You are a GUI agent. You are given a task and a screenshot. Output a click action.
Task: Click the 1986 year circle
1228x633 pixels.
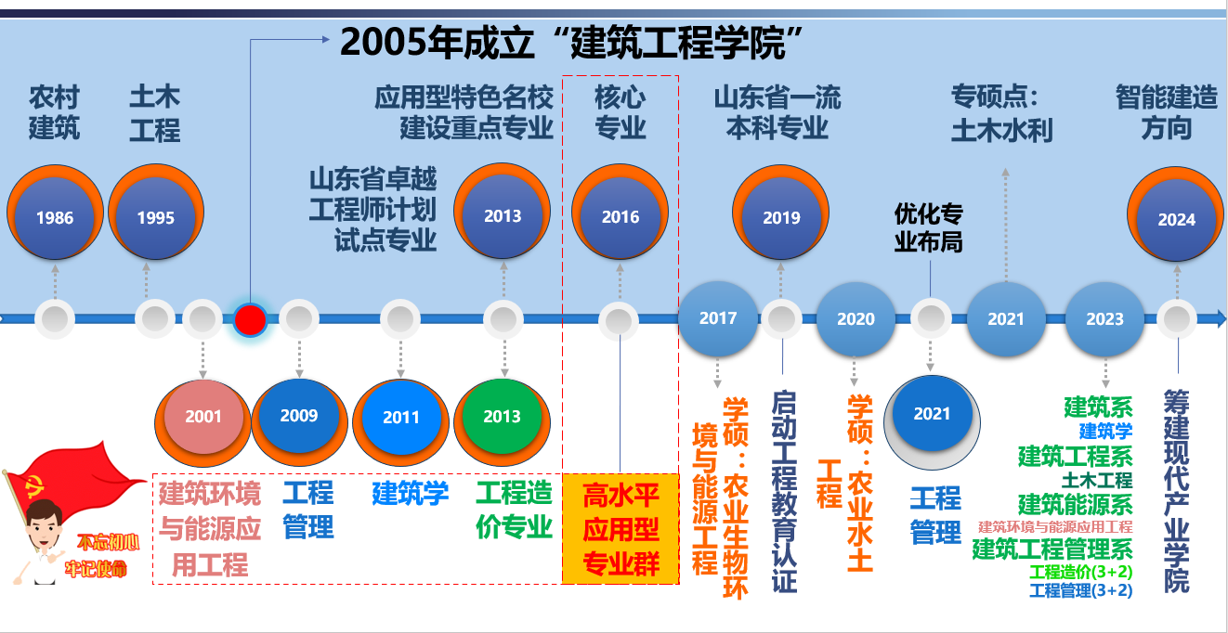point(55,213)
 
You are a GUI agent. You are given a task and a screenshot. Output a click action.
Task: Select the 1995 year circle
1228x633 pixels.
point(156,212)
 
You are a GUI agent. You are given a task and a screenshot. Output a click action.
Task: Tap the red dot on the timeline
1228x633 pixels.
point(250,320)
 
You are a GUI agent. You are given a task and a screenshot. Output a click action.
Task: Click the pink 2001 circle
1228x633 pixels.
point(202,421)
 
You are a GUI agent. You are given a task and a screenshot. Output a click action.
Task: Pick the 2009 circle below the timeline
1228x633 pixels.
point(299,421)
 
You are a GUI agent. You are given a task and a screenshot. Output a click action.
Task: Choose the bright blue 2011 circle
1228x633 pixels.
point(400,422)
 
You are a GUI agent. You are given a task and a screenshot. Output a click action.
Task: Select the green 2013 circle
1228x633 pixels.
point(503,421)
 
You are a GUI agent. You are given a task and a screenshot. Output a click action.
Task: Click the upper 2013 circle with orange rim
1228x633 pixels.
point(503,211)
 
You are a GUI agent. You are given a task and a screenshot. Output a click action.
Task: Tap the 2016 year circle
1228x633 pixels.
point(620,212)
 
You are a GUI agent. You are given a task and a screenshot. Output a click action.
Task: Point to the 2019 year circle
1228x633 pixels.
point(780,213)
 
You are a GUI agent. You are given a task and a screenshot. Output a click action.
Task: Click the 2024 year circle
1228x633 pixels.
point(1176,214)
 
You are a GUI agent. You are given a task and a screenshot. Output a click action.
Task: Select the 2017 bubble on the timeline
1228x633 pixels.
point(718,318)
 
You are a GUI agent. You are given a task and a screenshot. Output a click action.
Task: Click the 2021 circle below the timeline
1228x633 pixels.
point(932,421)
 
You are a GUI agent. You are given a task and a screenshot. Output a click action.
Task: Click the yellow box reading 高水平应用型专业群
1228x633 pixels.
point(621,529)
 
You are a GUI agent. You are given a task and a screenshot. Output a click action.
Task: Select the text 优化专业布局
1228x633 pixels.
point(928,227)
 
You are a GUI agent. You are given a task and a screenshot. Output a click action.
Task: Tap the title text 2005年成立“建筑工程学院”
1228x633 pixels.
point(571,43)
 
